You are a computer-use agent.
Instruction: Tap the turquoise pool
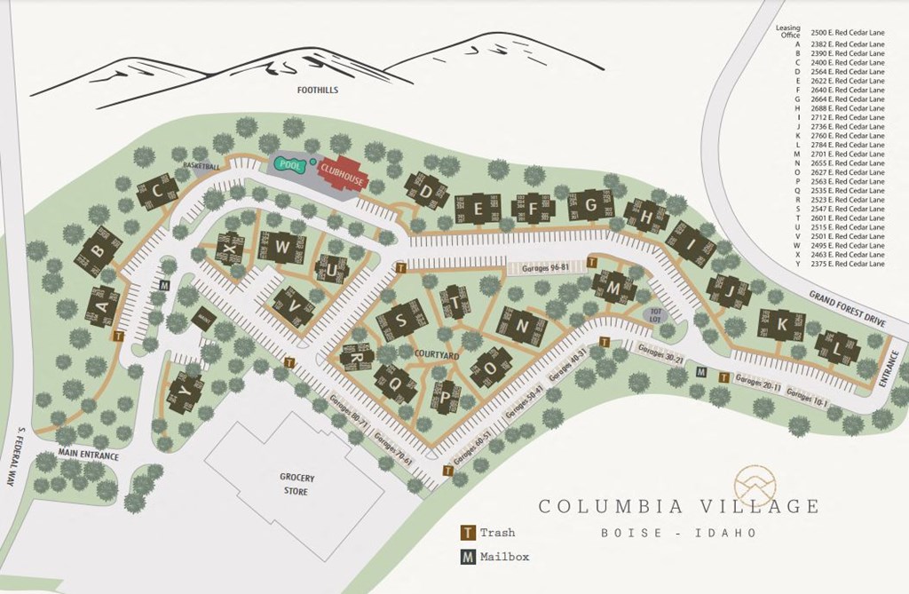click(x=288, y=164)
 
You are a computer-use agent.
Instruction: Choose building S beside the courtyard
click(x=401, y=320)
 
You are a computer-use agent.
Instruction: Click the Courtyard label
click(x=436, y=355)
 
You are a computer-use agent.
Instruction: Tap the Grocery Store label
click(x=297, y=484)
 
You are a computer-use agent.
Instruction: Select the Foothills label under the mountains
click(x=319, y=91)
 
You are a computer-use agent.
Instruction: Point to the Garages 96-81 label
click(x=547, y=266)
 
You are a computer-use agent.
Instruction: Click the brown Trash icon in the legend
click(x=467, y=534)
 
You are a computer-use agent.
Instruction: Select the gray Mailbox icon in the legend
click(x=467, y=557)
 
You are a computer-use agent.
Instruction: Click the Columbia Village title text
click(x=679, y=507)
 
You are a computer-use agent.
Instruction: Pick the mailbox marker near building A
click(x=164, y=285)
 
